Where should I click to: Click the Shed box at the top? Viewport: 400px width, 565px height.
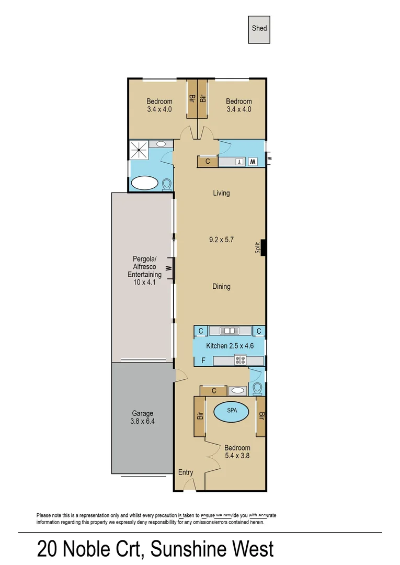(x=259, y=29)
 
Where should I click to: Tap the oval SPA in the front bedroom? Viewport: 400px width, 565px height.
(x=232, y=411)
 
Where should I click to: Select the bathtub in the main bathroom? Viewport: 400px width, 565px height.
(x=144, y=183)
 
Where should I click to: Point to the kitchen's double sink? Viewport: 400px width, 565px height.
(x=229, y=331)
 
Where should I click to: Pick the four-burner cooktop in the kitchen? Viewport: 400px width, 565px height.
(x=241, y=359)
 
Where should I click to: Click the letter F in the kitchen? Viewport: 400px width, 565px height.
(x=203, y=360)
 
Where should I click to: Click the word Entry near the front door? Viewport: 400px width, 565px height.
(x=186, y=472)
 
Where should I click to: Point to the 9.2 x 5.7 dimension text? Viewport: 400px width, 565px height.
(x=221, y=240)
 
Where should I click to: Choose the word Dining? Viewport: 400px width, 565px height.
(x=221, y=287)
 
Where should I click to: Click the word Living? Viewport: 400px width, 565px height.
(x=221, y=193)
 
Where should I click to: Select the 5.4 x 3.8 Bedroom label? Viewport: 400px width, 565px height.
(x=237, y=452)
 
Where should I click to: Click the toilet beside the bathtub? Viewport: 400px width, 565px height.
(x=167, y=184)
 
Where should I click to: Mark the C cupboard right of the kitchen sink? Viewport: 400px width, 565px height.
(x=259, y=331)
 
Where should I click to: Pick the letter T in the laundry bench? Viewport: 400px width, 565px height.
(x=238, y=162)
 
